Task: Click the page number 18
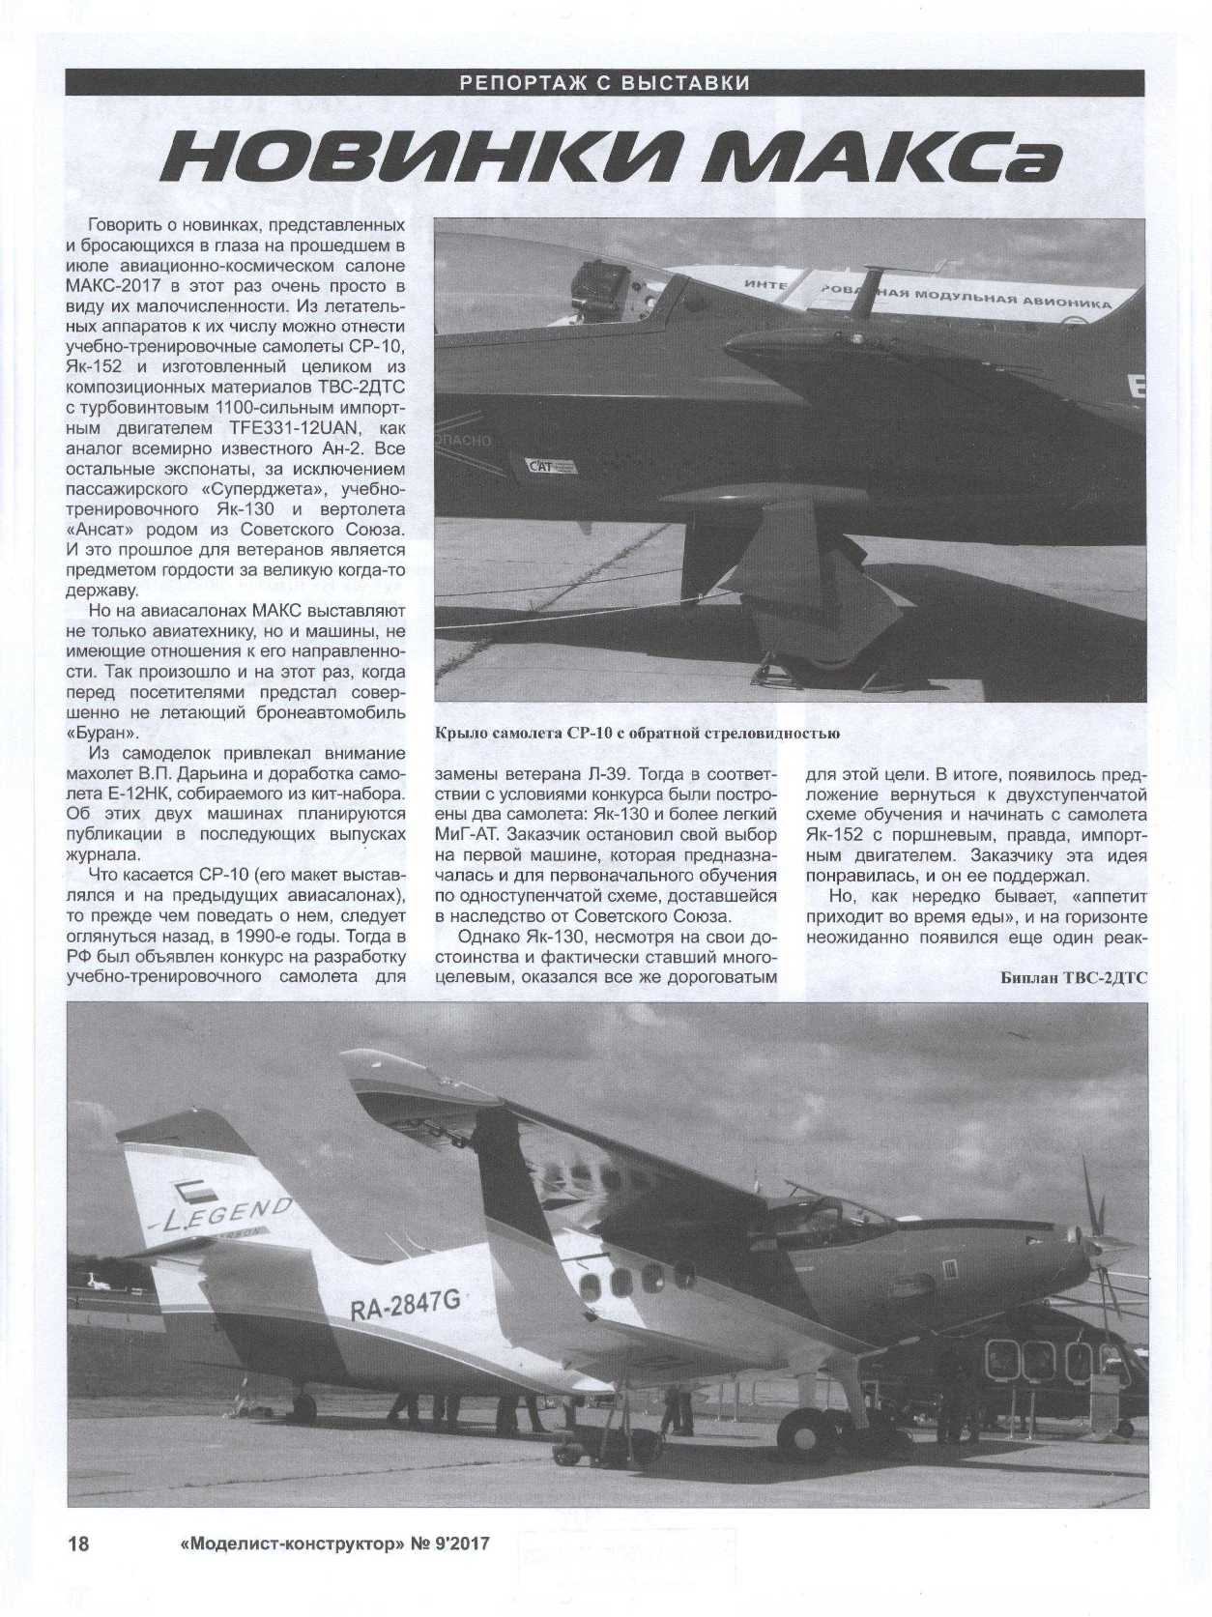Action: (x=77, y=1543)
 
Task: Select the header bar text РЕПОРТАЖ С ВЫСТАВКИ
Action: (x=606, y=82)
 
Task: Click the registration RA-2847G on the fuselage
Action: (x=405, y=1306)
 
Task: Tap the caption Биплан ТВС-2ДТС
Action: (x=1073, y=977)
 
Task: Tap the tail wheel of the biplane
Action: (x=303, y=1404)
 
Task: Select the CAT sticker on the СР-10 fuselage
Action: (x=547, y=468)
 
